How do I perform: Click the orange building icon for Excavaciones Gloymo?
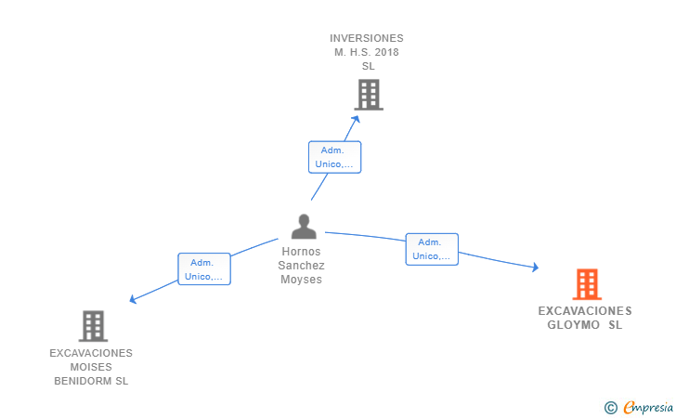(587, 284)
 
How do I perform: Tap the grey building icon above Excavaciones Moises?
(93, 326)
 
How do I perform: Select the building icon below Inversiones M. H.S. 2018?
(369, 95)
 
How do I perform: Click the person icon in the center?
(304, 227)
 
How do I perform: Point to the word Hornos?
(302, 252)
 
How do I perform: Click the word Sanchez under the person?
(302, 266)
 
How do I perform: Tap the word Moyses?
(302, 280)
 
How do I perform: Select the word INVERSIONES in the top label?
(367, 38)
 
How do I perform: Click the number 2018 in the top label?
(386, 52)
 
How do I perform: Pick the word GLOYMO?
(574, 325)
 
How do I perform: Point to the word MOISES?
(91, 367)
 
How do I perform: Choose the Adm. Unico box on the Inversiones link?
(334, 157)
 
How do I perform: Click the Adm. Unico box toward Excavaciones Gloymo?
(432, 249)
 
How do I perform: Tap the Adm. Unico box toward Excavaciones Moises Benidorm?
(204, 269)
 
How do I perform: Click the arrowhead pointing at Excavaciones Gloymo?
(536, 268)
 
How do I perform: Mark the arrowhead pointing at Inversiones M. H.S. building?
(356, 119)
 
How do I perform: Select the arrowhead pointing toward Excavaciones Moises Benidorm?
(133, 299)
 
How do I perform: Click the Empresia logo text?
(648, 407)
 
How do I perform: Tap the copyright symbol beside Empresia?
(610, 408)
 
